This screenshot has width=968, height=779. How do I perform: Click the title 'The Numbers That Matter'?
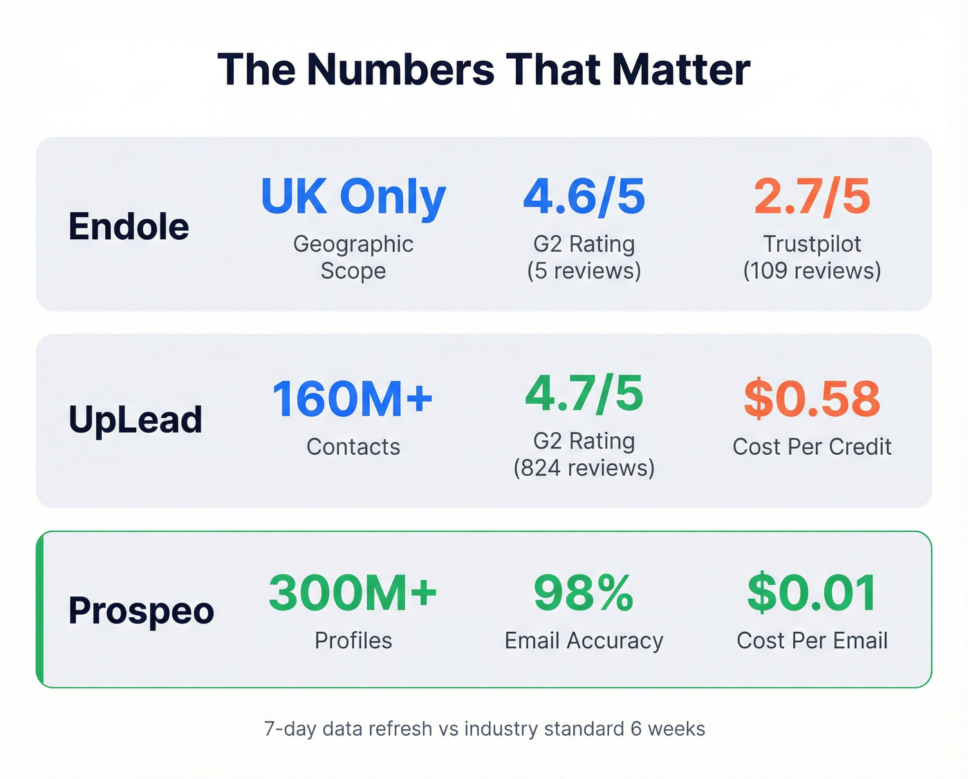[483, 69]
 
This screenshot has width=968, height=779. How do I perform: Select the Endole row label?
[129, 226]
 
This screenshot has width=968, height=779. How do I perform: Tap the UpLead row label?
[136, 420]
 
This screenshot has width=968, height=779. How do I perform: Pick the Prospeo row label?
[141, 610]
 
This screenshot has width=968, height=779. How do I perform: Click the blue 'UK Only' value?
[353, 197]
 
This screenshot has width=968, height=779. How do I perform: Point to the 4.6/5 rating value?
[584, 196]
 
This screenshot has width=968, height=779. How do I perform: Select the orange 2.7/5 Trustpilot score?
[812, 196]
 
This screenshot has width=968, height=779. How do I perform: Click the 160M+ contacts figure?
[353, 399]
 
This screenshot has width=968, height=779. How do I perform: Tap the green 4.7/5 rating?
[584, 393]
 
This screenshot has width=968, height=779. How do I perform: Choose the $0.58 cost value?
[812, 399]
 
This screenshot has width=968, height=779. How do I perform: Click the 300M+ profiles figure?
[353, 593]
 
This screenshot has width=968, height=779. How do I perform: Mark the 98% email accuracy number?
[584, 593]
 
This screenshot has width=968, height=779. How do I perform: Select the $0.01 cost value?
[812, 593]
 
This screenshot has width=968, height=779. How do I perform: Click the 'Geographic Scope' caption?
[353, 257]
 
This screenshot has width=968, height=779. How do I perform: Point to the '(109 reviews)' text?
[812, 270]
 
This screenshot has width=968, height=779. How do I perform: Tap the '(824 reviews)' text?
[584, 468]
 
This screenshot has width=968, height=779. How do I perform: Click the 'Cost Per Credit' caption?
[812, 447]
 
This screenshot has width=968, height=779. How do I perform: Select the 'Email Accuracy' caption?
[584, 641]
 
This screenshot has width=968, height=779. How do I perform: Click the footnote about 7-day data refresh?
[484, 729]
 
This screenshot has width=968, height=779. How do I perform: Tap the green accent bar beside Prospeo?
[40, 610]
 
